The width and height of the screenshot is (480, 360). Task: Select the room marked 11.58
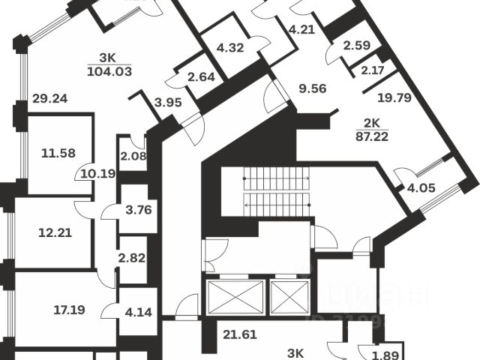pos(61,154)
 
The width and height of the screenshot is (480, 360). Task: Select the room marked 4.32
pos(231,48)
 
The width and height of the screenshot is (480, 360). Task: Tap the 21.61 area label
pos(240,334)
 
